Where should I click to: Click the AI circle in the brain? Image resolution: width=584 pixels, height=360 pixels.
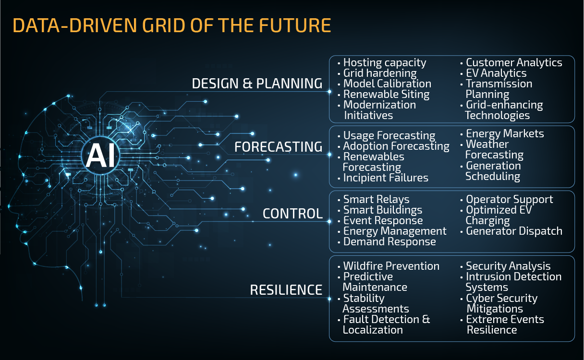coord(101,156)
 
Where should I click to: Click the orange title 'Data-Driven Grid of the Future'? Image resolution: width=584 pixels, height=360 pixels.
coord(172,25)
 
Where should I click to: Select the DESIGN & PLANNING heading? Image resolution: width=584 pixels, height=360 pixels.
coord(257,84)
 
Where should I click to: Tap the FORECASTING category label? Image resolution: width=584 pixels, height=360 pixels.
coord(278,147)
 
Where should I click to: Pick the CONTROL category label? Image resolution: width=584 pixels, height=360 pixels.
coord(292,214)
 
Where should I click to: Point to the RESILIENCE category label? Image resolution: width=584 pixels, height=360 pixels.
coord(286,290)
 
